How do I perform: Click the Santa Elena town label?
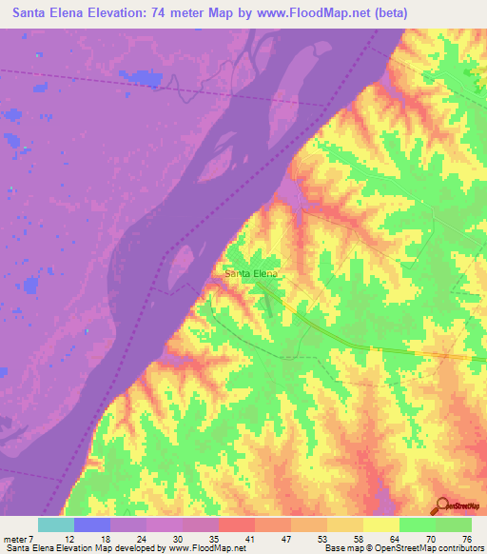251,273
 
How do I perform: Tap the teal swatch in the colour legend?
56,524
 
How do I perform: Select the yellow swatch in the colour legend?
381,524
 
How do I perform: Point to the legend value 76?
465,540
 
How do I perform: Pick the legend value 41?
251,540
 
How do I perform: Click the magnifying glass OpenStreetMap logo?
443,506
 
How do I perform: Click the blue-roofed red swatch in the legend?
237,524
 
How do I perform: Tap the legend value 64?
394,540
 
